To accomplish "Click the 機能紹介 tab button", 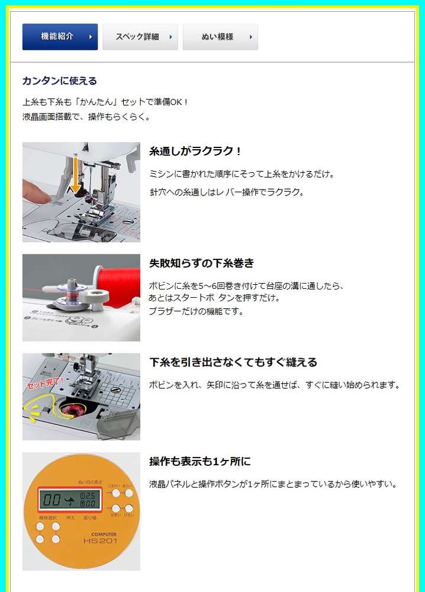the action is click(60, 37).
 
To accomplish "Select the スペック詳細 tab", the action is click(140, 37).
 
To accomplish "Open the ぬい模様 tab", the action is click(220, 37).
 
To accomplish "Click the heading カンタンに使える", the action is click(60, 81).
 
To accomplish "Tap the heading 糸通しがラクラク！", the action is click(195, 151).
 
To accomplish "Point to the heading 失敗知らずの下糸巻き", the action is click(202, 263).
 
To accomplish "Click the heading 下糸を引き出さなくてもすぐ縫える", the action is click(233, 362).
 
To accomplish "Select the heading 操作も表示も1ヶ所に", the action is click(200, 461).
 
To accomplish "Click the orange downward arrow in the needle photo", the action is click(76, 174).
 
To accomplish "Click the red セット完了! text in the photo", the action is click(46, 383).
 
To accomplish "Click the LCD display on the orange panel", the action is click(70, 500).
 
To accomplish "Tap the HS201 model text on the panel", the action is click(100, 541).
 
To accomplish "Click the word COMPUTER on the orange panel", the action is click(104, 534).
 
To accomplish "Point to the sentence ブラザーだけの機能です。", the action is click(197, 311).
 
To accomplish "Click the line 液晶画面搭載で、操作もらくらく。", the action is click(86, 117).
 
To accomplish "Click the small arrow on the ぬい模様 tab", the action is click(250, 37).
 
